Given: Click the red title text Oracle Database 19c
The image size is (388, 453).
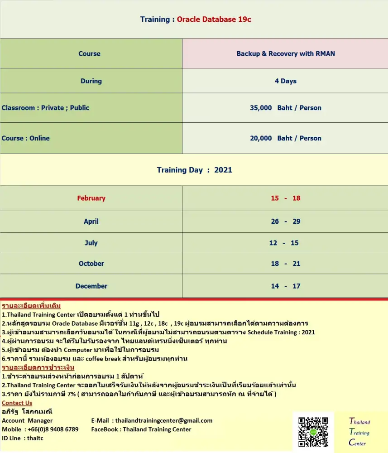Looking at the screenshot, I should tap(214, 19).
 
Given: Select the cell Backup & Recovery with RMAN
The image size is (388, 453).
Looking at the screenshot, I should tap(286, 53).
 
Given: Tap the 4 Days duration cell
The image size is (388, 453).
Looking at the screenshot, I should tap(286, 81).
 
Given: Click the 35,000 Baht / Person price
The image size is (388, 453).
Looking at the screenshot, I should tap(286, 108).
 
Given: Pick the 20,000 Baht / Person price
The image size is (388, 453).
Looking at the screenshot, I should tap(286, 138).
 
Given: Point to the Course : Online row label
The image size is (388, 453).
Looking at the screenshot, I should tap(26, 138).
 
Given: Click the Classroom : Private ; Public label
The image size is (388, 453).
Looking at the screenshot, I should tap(45, 108).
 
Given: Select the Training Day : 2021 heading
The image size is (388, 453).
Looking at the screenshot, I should tap(194, 170).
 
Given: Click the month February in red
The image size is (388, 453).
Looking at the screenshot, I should tap(91, 198).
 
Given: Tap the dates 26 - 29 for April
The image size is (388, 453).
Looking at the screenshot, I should tap(286, 222).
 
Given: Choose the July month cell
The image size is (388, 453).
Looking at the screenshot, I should tap(91, 243).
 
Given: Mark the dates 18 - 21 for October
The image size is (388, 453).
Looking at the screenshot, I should tap(286, 264).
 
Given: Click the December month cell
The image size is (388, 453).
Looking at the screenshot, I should tap(91, 286).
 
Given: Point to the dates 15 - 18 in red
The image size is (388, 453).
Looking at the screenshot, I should tap(286, 198).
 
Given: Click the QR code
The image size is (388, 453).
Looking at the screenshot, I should tap(313, 432).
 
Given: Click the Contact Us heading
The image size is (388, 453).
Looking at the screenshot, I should tap(17, 403).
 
